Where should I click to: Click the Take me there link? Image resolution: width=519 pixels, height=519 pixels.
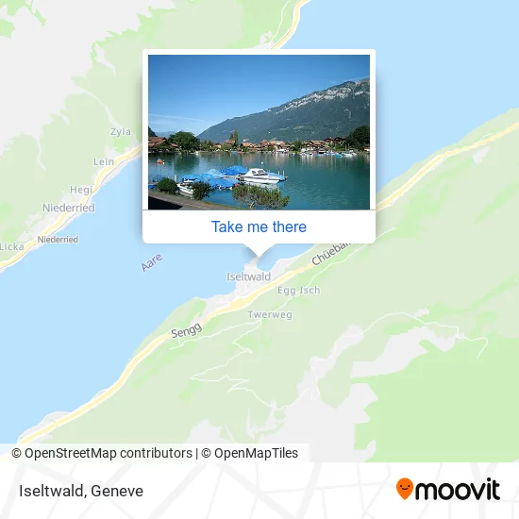coord(259,226)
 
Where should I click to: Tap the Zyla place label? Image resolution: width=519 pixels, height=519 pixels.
coord(120,132)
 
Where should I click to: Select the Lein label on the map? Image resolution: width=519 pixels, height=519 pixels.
coord(104,161)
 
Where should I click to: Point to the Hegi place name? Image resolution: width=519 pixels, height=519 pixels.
coord(81,189)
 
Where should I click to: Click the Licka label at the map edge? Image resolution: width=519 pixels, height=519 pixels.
coord(11,246)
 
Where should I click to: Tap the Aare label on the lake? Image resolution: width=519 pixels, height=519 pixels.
coord(151,261)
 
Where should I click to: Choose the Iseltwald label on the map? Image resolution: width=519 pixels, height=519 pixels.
coord(249,276)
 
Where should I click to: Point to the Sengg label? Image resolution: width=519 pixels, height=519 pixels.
coord(185,332)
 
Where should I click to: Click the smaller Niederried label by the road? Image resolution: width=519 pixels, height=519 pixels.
coord(59,240)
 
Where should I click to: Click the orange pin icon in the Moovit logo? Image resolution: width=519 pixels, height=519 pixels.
coord(406,489)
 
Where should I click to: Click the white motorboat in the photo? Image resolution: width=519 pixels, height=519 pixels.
coord(261,176)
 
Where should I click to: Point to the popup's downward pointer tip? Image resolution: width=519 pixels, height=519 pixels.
coord(259,255)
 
